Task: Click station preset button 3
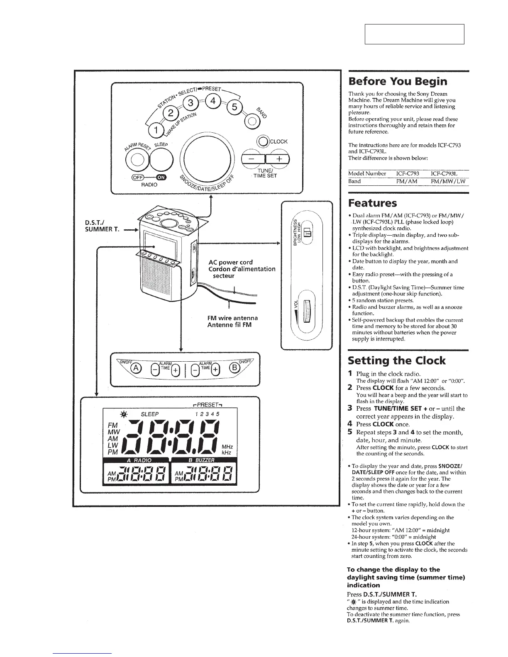[190, 103]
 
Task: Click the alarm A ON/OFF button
[136, 368]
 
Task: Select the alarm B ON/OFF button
[234, 368]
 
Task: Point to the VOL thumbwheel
[308, 311]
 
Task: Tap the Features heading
[372, 203]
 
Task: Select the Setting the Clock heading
[396, 360]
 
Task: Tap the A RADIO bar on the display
[139, 460]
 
